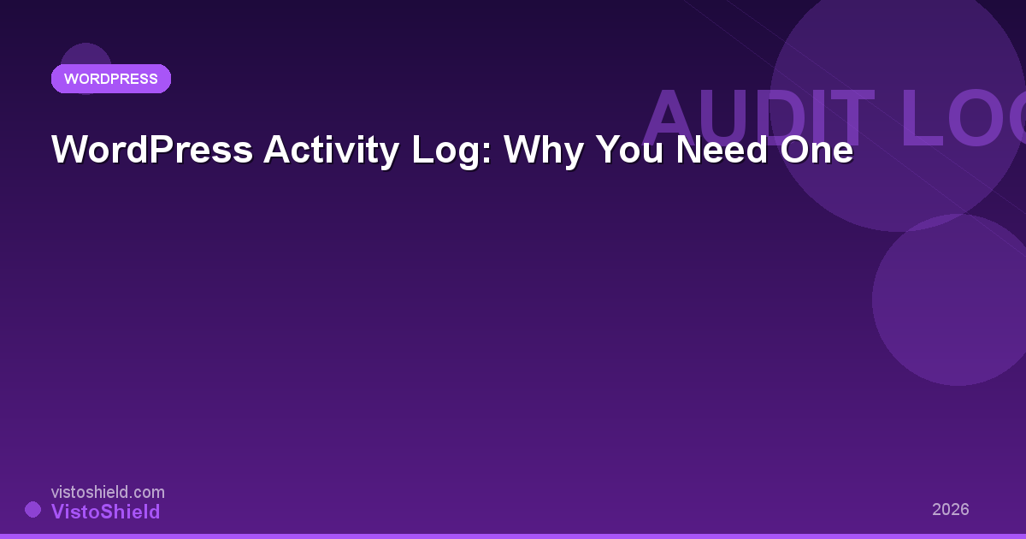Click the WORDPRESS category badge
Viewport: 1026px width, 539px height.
pos(111,79)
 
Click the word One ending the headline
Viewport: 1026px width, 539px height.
pos(817,151)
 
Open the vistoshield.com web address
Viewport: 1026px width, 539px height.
pos(108,492)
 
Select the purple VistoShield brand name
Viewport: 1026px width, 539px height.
pos(106,512)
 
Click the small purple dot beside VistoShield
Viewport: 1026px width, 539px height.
pos(32,510)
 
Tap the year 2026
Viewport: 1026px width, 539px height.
pos(951,509)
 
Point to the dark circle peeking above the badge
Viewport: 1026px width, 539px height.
pos(85,53)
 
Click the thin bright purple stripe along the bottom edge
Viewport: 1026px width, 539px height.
pos(513,536)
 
